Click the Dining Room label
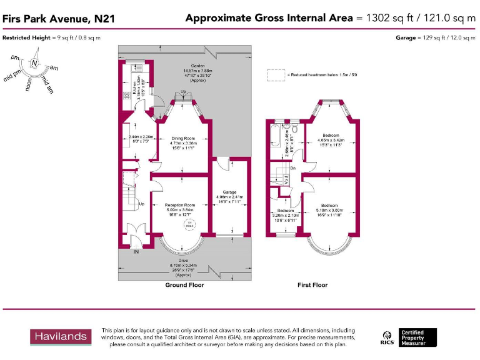click(184, 138)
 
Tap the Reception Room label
click(180, 205)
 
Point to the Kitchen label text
click(134, 91)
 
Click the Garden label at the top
click(198, 66)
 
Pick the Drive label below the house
click(183, 260)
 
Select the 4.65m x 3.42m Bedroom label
click(331, 136)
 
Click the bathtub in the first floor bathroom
click(275, 135)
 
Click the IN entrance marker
click(136, 252)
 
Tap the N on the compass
click(34, 64)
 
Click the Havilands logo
click(60, 337)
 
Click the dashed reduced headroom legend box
click(276, 75)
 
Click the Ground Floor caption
click(184, 285)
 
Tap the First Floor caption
click(312, 285)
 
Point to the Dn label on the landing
click(292, 167)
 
